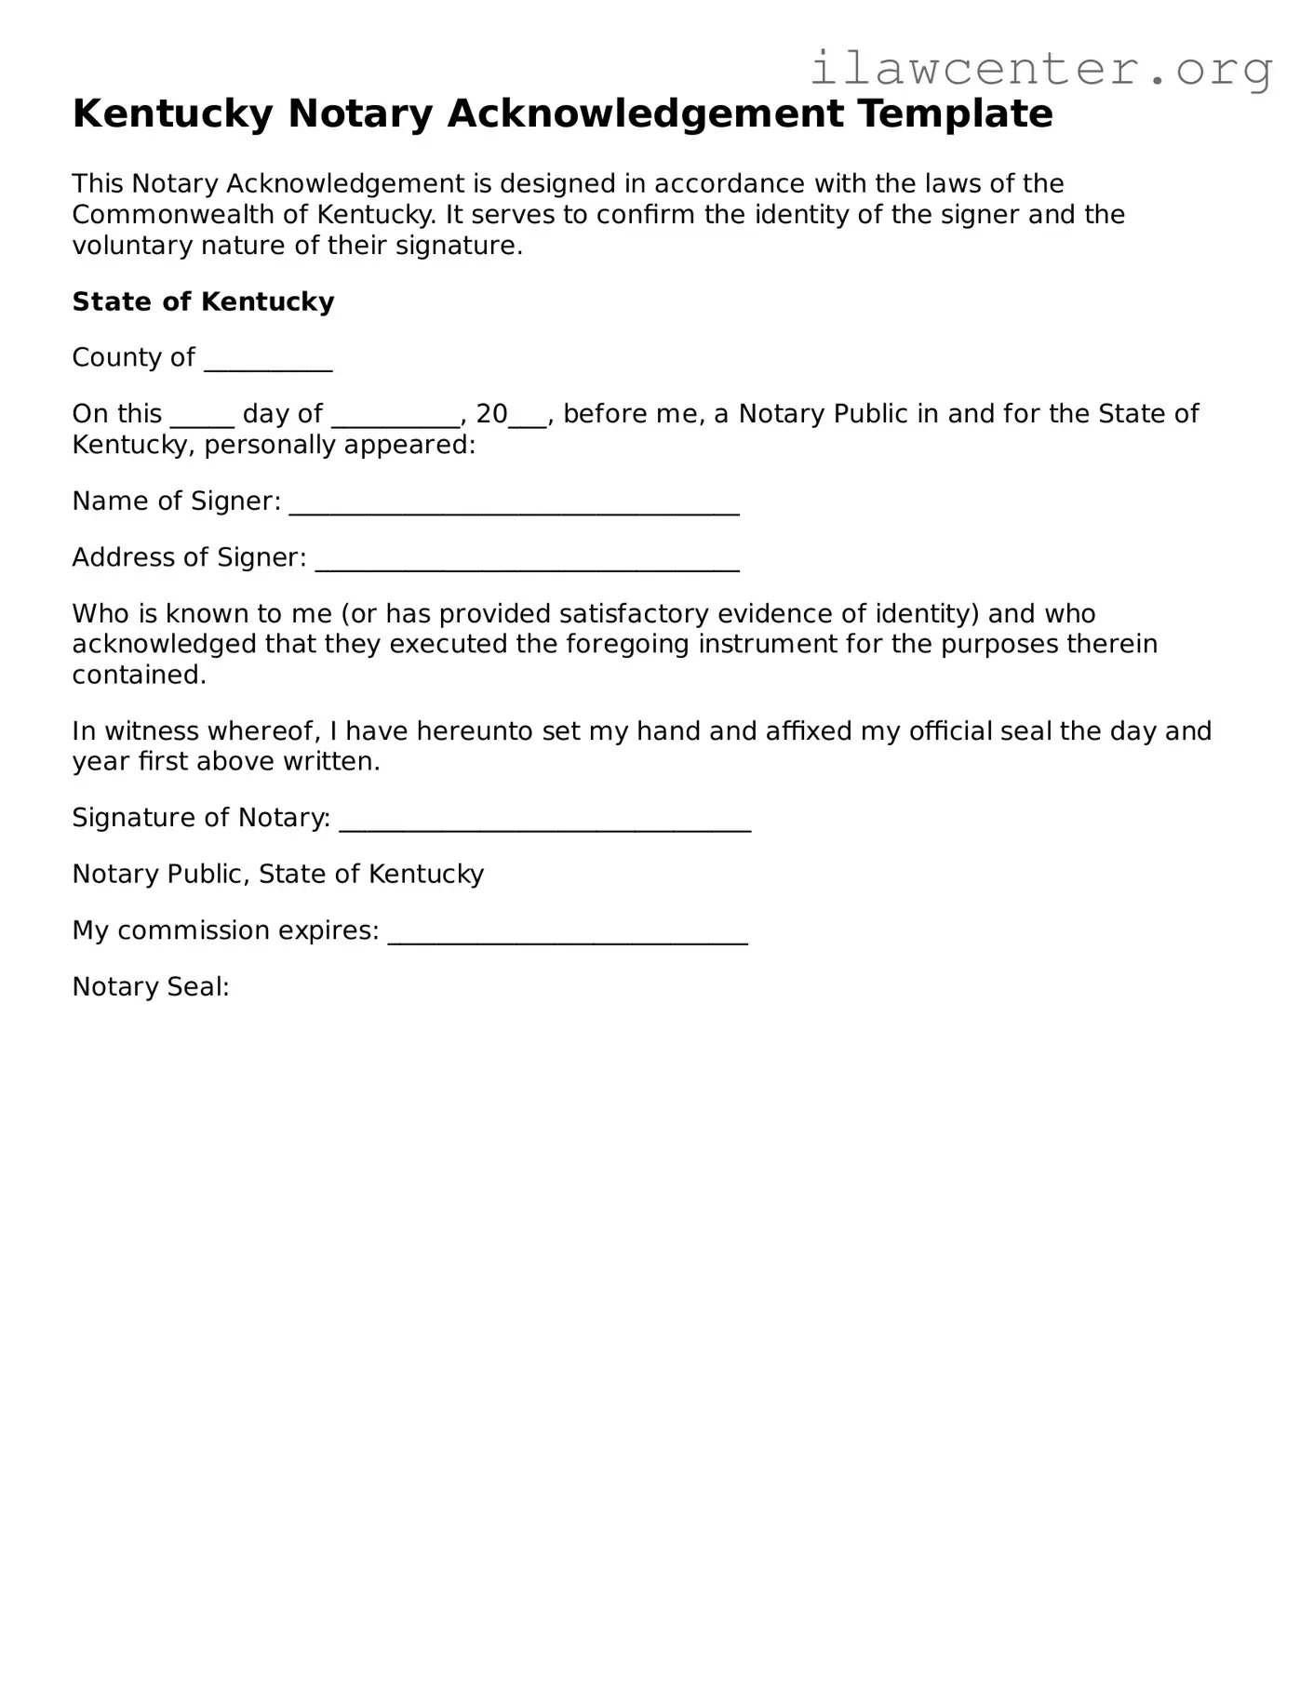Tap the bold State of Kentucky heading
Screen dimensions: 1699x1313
tap(203, 301)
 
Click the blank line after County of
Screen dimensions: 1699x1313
tap(268, 363)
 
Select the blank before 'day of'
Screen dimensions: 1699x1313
tap(202, 419)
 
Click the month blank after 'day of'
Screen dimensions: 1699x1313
tap(395, 419)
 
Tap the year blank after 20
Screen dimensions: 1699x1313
tap(528, 419)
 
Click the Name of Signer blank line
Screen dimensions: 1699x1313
tap(514, 506)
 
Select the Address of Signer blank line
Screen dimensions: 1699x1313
tap(527, 563)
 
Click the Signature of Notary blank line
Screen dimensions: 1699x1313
tap(544, 823)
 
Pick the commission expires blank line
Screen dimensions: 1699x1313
tap(568, 936)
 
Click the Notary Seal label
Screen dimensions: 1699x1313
tap(151, 986)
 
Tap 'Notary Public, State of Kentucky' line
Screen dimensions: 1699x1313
tap(278, 875)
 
